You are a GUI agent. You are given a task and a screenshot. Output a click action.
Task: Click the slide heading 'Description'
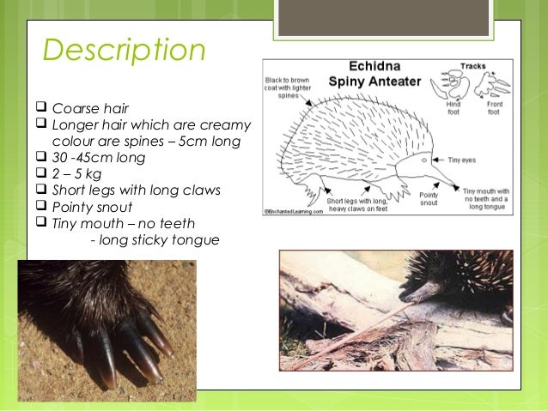(x=124, y=51)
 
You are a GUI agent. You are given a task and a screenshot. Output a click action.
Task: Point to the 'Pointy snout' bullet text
(x=91, y=207)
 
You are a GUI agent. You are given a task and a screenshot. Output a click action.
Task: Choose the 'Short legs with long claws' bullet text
(x=137, y=190)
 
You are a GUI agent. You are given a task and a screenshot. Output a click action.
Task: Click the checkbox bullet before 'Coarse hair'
(x=41, y=110)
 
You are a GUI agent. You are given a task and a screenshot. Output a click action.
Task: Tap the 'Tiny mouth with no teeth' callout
(x=485, y=198)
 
